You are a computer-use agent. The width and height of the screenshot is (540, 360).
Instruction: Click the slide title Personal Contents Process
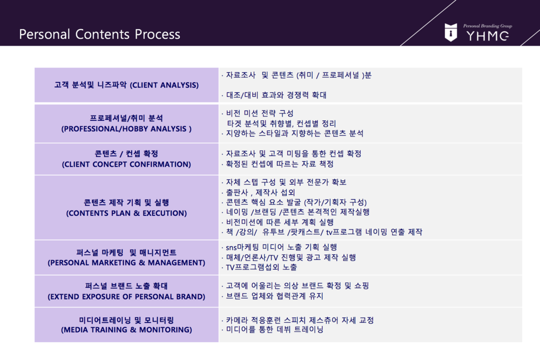click(99, 34)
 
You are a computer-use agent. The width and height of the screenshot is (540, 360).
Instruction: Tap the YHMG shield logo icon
click(451, 32)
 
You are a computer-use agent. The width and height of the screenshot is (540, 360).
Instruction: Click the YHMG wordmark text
click(487, 36)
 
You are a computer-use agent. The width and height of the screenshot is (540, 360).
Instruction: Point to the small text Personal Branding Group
click(487, 26)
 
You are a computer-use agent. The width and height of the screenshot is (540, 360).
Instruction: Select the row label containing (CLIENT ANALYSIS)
click(126, 85)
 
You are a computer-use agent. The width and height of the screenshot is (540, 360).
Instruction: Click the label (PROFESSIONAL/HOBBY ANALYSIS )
click(126, 128)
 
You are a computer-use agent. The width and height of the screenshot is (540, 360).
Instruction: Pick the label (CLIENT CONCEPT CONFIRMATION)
click(126, 164)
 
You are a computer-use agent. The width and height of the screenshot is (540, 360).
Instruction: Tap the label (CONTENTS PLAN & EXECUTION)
click(126, 213)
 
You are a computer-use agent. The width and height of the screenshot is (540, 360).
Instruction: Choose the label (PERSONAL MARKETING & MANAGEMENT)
click(126, 263)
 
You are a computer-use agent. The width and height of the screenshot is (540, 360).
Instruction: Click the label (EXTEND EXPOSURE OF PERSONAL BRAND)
click(126, 296)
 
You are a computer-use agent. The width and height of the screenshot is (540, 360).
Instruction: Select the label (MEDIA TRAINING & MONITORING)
click(126, 329)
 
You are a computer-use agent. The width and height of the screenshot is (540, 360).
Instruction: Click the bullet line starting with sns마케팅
click(279, 247)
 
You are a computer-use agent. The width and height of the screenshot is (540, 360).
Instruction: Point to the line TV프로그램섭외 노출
click(259, 267)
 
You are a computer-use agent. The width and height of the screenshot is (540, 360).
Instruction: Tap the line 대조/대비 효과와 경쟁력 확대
click(274, 95)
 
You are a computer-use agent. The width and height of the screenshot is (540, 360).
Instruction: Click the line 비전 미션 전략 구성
click(258, 113)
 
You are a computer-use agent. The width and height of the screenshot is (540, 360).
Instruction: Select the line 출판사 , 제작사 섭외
click(258, 192)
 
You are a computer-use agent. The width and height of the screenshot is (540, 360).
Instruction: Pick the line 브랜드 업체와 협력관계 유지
click(272, 296)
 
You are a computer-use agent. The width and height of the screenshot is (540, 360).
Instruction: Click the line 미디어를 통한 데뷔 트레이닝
click(272, 329)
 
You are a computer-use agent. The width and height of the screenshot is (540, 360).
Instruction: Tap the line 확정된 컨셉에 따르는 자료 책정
click(278, 164)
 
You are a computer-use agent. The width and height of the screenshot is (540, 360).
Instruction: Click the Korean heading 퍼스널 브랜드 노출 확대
click(126, 286)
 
